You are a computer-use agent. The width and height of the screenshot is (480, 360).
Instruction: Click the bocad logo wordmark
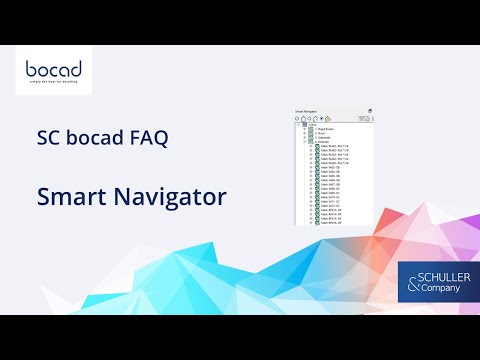coord(54,71)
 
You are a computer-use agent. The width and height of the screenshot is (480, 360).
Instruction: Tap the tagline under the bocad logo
coord(54,85)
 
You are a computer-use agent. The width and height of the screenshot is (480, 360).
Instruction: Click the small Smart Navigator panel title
coord(306,110)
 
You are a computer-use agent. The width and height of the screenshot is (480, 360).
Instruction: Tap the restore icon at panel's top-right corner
coord(369,110)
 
